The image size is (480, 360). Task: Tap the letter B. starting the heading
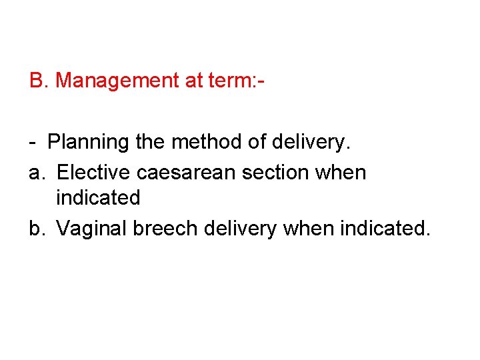pos(39,81)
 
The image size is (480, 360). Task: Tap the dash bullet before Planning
pos(33,143)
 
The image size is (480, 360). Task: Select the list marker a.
pos(37,173)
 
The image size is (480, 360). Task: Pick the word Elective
pos(94,172)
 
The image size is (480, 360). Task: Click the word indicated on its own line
pos(98,197)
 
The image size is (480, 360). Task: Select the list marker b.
pos(37,228)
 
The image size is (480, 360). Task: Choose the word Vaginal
pos(91,229)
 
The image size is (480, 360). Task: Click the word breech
pos(165,228)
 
